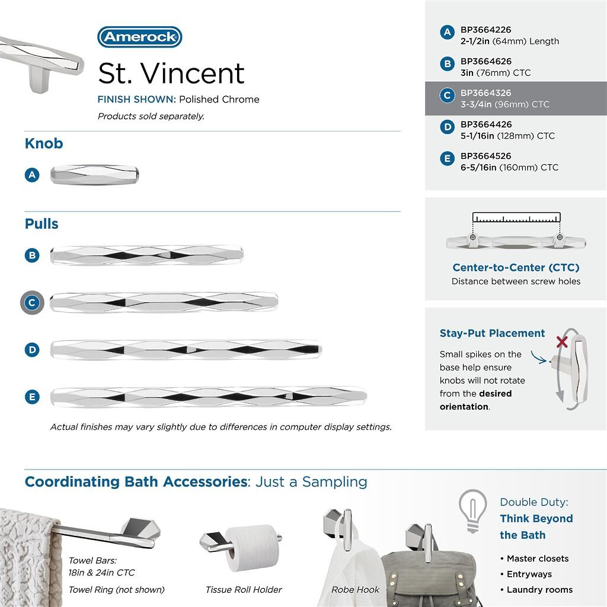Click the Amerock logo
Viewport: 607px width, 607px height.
coord(139,37)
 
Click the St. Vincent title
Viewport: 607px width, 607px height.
coord(171,73)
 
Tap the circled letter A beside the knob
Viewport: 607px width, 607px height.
coord(32,175)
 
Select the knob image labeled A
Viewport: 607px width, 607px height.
coord(95,175)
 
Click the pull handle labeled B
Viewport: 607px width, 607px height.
coord(147,255)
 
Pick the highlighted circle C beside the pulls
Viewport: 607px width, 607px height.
coord(32,303)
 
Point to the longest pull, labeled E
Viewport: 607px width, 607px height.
coord(209,396)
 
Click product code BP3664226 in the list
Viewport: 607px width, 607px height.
coord(485,30)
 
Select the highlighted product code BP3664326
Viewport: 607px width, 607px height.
coord(485,93)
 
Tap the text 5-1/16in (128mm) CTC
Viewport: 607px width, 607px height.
coord(507,136)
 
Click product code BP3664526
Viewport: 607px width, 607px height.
coord(485,156)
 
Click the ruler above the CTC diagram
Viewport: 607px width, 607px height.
coord(516,217)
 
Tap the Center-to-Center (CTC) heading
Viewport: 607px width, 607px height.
coord(516,267)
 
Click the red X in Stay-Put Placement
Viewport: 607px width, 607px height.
coord(562,342)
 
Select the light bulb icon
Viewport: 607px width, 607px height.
coord(472,510)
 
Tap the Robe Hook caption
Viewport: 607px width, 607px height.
coord(355,590)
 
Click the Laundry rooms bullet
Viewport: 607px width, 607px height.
coord(539,590)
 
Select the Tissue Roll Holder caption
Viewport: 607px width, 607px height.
coord(244,590)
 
